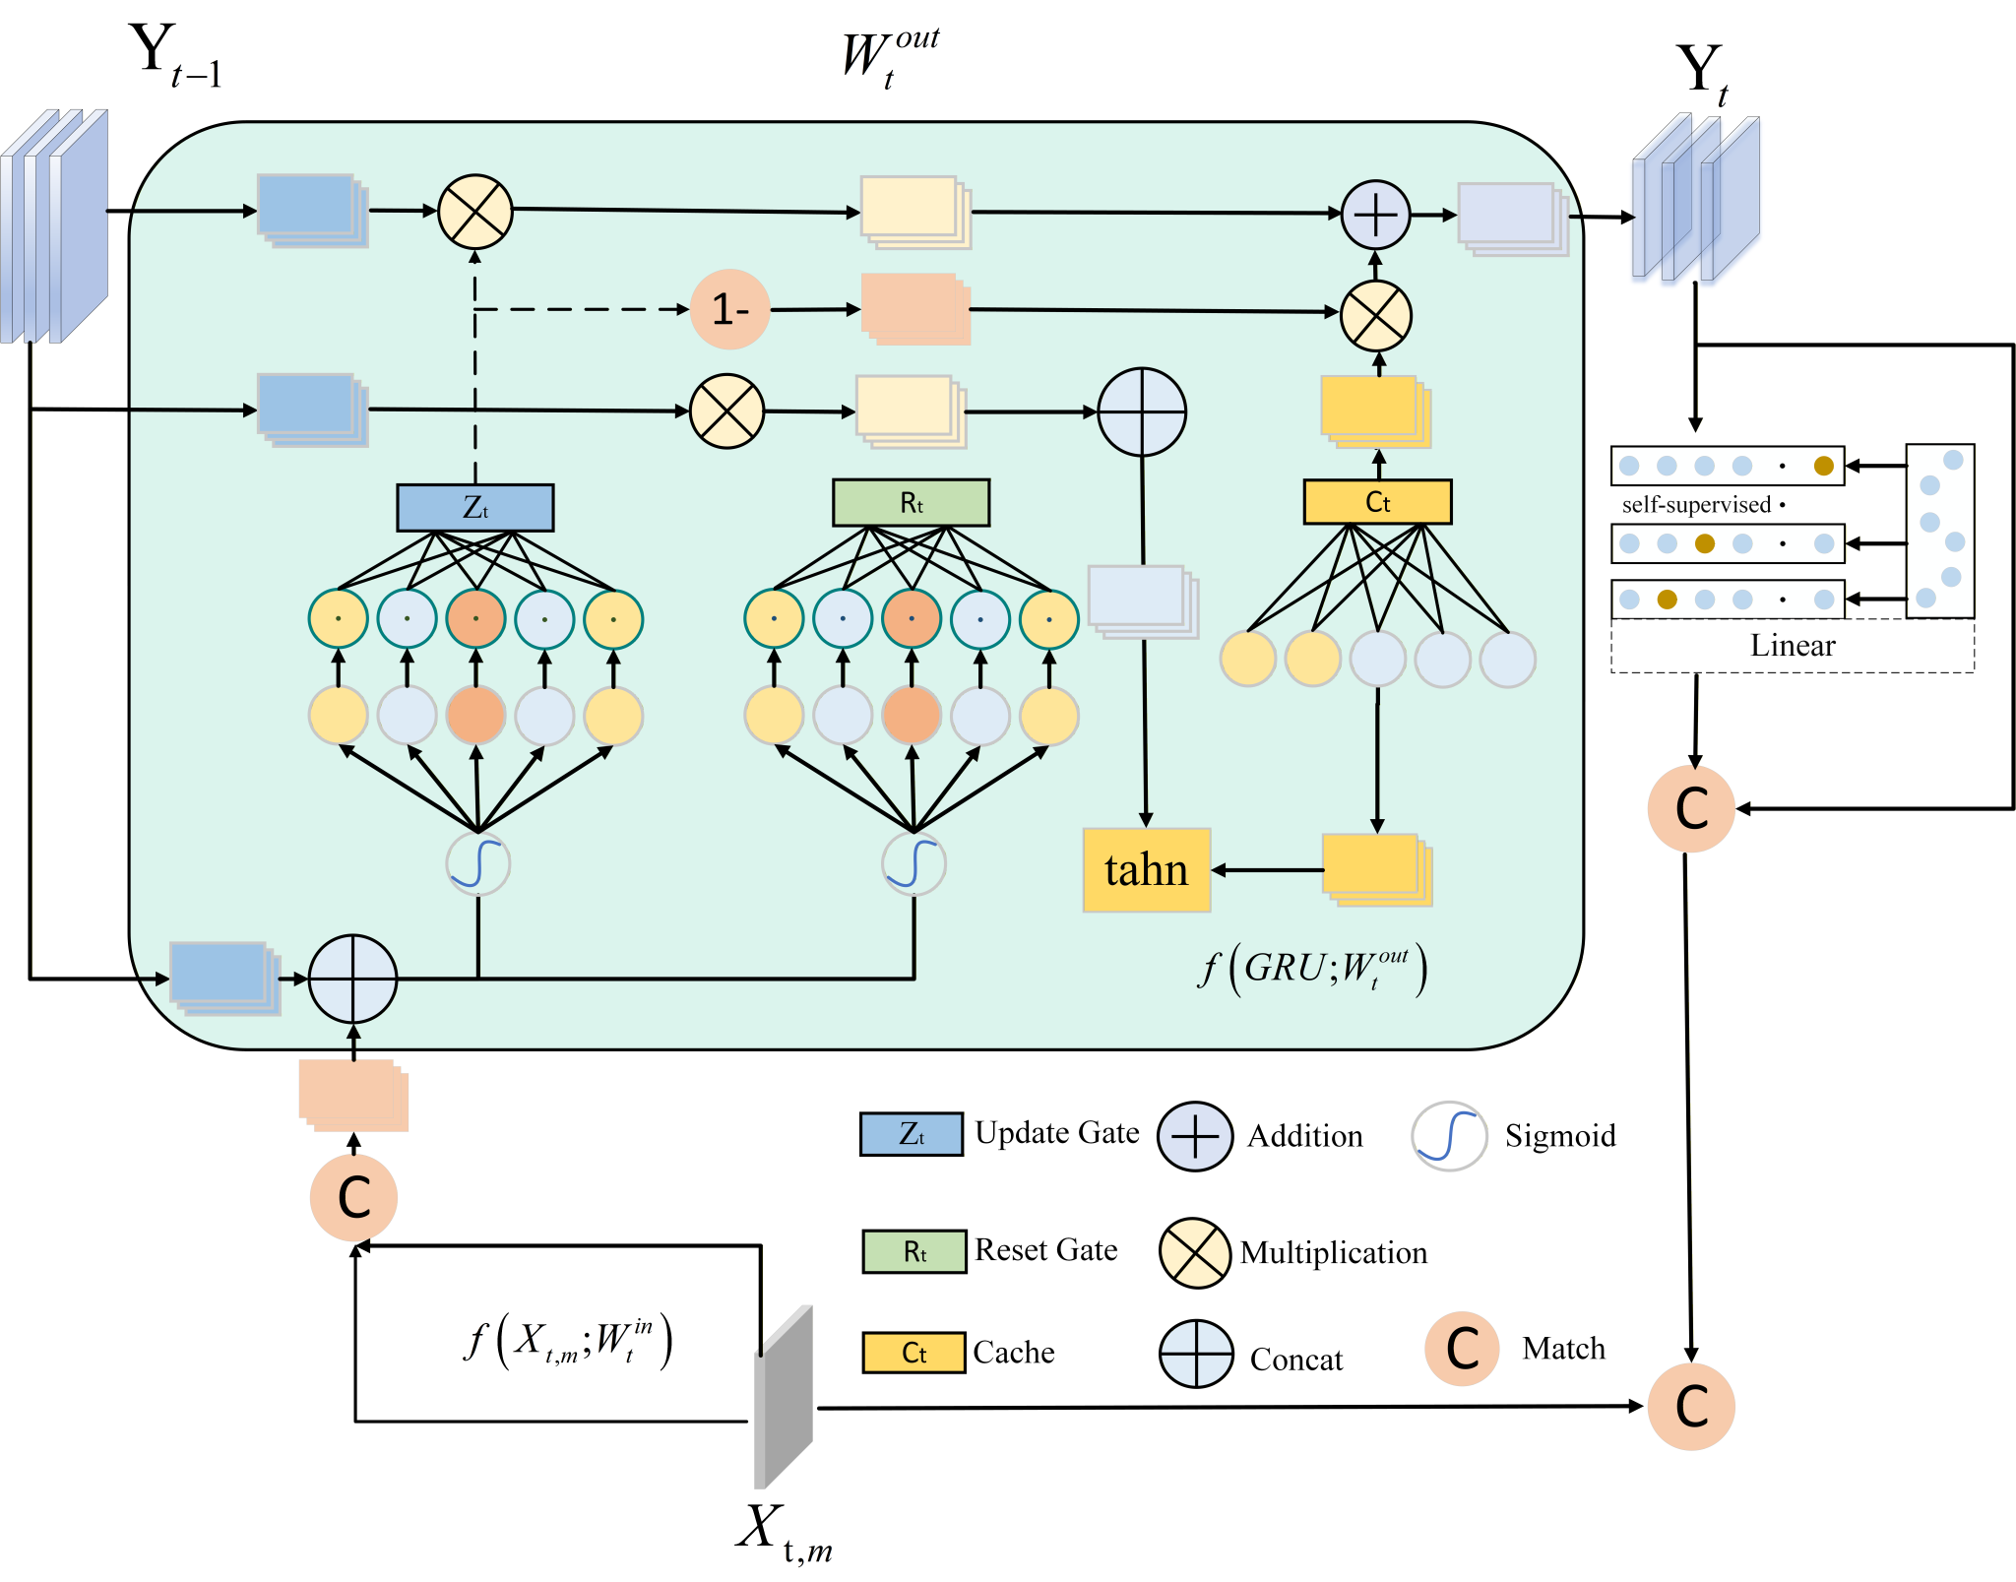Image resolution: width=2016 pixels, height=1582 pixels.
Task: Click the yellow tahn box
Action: click(1146, 870)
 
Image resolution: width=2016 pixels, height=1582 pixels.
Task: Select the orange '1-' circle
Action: click(729, 309)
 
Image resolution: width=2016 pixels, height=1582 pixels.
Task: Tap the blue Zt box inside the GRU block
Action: click(474, 508)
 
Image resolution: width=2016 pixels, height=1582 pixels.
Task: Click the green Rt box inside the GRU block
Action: click(911, 503)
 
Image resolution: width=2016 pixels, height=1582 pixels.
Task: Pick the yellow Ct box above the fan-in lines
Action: click(1377, 502)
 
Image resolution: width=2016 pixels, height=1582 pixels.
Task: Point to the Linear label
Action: click(1792, 646)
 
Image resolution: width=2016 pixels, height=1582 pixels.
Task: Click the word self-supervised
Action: click(1696, 505)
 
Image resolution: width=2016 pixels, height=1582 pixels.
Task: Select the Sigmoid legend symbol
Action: click(1449, 1136)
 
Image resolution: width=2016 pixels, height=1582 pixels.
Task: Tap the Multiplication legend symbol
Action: click(1195, 1252)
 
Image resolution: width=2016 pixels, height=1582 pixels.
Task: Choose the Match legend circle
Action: click(1462, 1349)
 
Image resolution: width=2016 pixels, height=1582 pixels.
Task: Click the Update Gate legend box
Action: click(912, 1134)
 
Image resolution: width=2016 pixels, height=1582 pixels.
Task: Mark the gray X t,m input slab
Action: click(784, 1398)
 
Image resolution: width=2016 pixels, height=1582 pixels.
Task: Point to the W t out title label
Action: click(889, 57)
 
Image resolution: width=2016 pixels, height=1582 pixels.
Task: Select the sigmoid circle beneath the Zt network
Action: click(478, 863)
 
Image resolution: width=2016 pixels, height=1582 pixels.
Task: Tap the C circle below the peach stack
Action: click(353, 1197)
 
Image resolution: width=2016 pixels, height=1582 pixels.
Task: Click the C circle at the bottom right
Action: click(1690, 1406)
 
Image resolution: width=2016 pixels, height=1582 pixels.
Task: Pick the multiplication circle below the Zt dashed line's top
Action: click(475, 212)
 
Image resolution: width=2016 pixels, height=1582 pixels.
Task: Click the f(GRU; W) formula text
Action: click(1313, 970)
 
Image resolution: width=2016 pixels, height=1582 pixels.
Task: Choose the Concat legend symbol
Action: click(1195, 1354)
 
